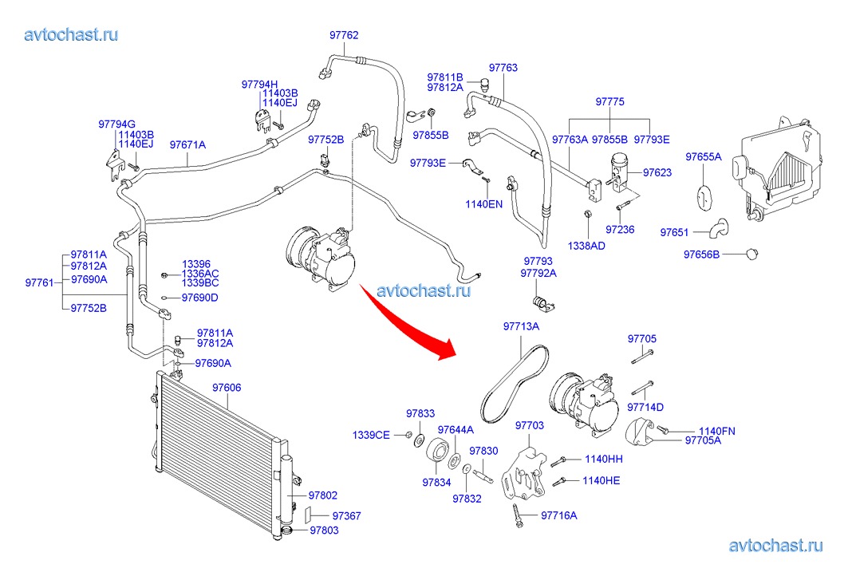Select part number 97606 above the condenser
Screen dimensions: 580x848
pos(227,388)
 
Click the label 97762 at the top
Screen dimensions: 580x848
pos(344,35)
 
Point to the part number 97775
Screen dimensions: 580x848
pos(610,102)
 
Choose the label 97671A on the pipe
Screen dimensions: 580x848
pos(187,145)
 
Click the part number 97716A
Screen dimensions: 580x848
pos(559,515)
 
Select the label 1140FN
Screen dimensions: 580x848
pos(717,432)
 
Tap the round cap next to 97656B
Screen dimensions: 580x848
pos(750,254)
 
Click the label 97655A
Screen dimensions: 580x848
pos(703,156)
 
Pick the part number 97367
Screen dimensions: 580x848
pos(346,516)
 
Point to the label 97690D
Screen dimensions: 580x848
pos(199,298)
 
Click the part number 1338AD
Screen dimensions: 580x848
pos(586,246)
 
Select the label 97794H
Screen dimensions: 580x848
pos(259,84)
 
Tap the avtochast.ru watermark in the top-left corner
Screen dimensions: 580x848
pos(72,34)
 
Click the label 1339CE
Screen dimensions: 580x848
pos(372,435)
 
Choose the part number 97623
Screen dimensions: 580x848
pos(657,172)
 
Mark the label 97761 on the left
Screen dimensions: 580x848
pos(39,283)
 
